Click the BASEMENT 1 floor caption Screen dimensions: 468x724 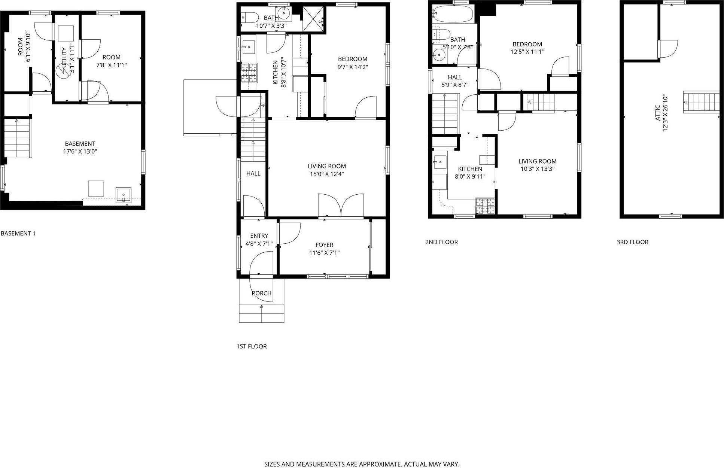pyautogui.click(x=18, y=234)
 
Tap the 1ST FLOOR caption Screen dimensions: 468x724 pyautogui.click(x=252, y=346)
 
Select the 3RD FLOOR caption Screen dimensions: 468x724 pyautogui.click(x=632, y=242)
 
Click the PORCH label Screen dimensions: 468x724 pyautogui.click(x=262, y=293)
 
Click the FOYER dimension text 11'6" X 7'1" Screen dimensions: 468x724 pyautogui.click(x=324, y=253)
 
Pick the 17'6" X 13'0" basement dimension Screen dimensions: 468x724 pyautogui.click(x=80, y=152)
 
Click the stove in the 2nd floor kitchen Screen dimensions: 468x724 pyautogui.click(x=485, y=206)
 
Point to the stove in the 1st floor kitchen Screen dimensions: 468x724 pyautogui.click(x=249, y=73)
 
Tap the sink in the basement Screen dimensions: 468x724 pyautogui.click(x=124, y=195)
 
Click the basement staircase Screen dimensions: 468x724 pyautogui.click(x=17, y=138)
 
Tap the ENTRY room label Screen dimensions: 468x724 pyautogui.click(x=259, y=236)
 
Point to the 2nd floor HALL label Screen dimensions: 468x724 pyautogui.click(x=455, y=78)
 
